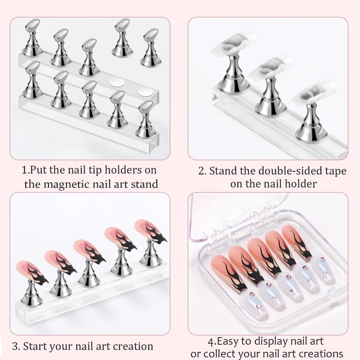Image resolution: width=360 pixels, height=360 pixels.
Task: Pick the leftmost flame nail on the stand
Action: (32, 273)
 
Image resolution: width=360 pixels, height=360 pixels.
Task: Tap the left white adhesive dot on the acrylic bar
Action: (117, 82)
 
